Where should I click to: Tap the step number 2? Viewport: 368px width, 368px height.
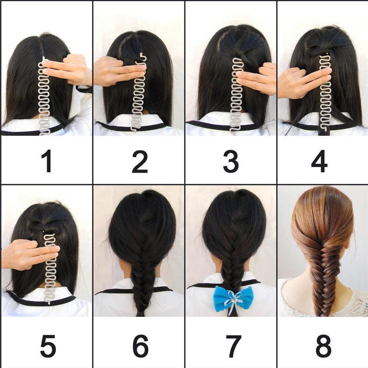[x=139, y=161]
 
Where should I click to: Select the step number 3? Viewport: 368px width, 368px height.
[x=231, y=161]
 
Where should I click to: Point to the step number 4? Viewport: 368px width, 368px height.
[x=319, y=161]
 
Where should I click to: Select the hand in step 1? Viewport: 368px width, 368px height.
[x=68, y=70]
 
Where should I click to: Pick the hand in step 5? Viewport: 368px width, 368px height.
[x=28, y=254]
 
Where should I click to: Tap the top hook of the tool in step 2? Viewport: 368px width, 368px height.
[x=142, y=56]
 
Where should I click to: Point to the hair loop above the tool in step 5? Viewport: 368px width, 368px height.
[x=39, y=225]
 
